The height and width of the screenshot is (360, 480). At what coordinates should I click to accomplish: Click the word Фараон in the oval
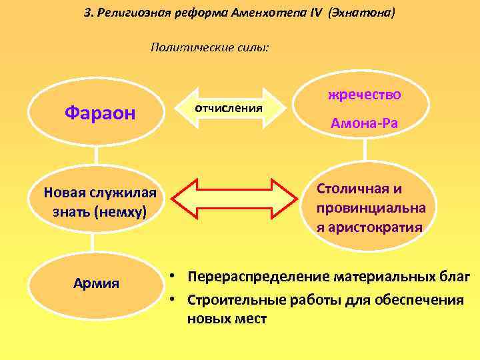click(x=100, y=113)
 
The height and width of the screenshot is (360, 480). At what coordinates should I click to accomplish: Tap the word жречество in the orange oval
click(x=364, y=95)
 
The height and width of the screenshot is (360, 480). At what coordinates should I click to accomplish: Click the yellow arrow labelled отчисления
click(x=228, y=107)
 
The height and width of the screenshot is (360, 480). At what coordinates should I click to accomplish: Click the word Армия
click(x=97, y=283)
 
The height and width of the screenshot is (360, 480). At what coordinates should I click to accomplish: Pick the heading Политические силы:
click(x=210, y=47)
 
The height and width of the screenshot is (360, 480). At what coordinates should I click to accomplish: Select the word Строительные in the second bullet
click(x=232, y=299)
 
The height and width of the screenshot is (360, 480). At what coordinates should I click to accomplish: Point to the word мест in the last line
click(x=250, y=319)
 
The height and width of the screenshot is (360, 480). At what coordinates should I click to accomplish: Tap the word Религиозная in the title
click(x=137, y=13)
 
